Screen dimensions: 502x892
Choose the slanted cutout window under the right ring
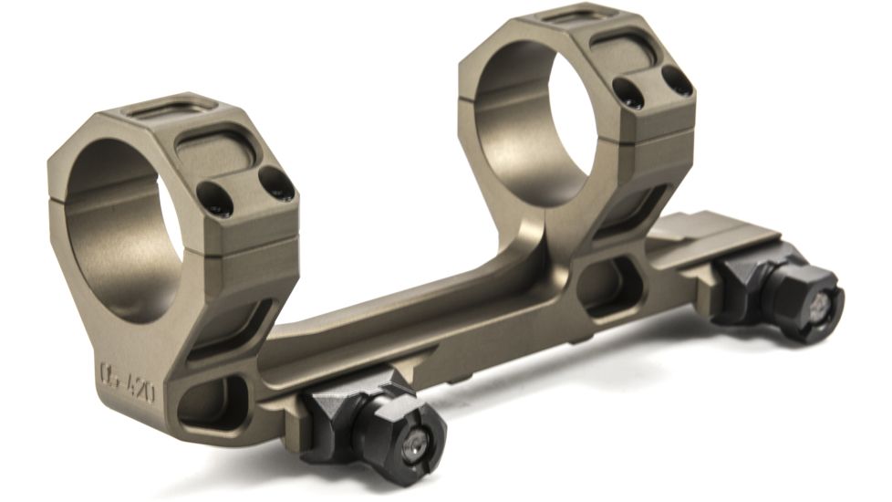click(629, 214)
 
